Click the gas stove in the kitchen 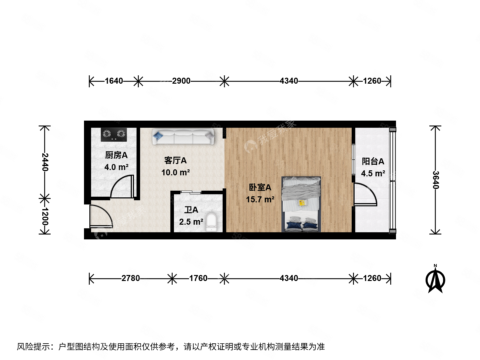click(x=114, y=134)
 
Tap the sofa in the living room click(x=183, y=137)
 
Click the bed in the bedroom click(x=301, y=204)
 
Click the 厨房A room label click(x=116, y=155)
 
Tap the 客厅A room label click(x=175, y=160)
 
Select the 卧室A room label click(x=260, y=187)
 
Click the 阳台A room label click(x=373, y=161)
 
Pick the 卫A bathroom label click(x=191, y=210)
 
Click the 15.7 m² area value click(x=260, y=200)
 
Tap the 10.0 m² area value click(x=175, y=172)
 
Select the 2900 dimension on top click(x=181, y=81)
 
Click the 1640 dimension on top click(x=114, y=81)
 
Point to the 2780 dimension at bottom click(x=131, y=278)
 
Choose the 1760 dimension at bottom click(x=198, y=278)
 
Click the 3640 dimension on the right click(x=436, y=180)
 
